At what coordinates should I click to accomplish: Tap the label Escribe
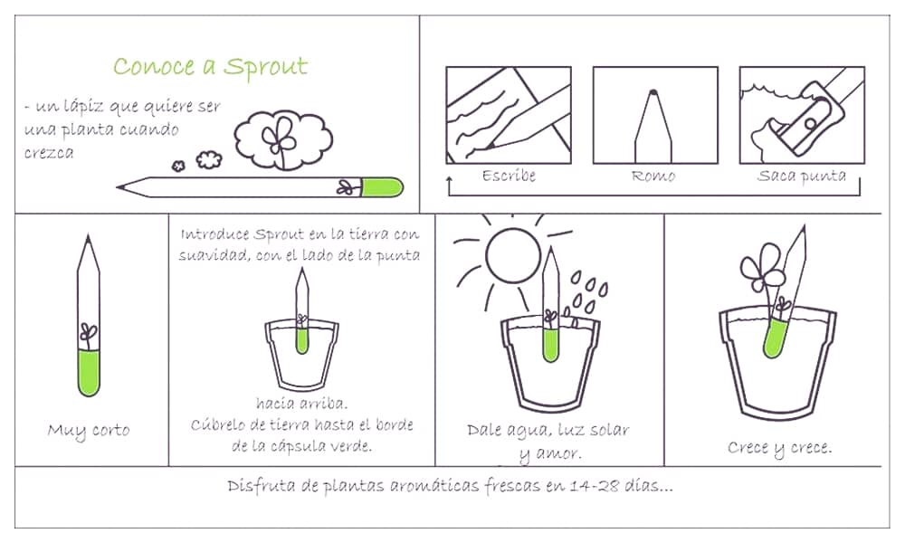tap(509, 176)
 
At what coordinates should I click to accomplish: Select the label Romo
tap(653, 176)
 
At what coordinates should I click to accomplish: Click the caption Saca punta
tap(801, 176)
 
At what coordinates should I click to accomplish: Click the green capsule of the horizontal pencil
tap(380, 187)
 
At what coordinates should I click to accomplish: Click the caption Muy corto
tap(88, 430)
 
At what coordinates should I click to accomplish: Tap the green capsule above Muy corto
tap(88, 373)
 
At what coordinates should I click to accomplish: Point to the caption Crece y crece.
tap(779, 447)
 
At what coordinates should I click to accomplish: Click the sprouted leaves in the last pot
tap(759, 269)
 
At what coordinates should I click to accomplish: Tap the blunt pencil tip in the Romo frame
tap(653, 92)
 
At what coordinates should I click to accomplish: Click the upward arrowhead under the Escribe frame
tap(450, 182)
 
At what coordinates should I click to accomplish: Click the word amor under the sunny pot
tap(561, 452)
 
